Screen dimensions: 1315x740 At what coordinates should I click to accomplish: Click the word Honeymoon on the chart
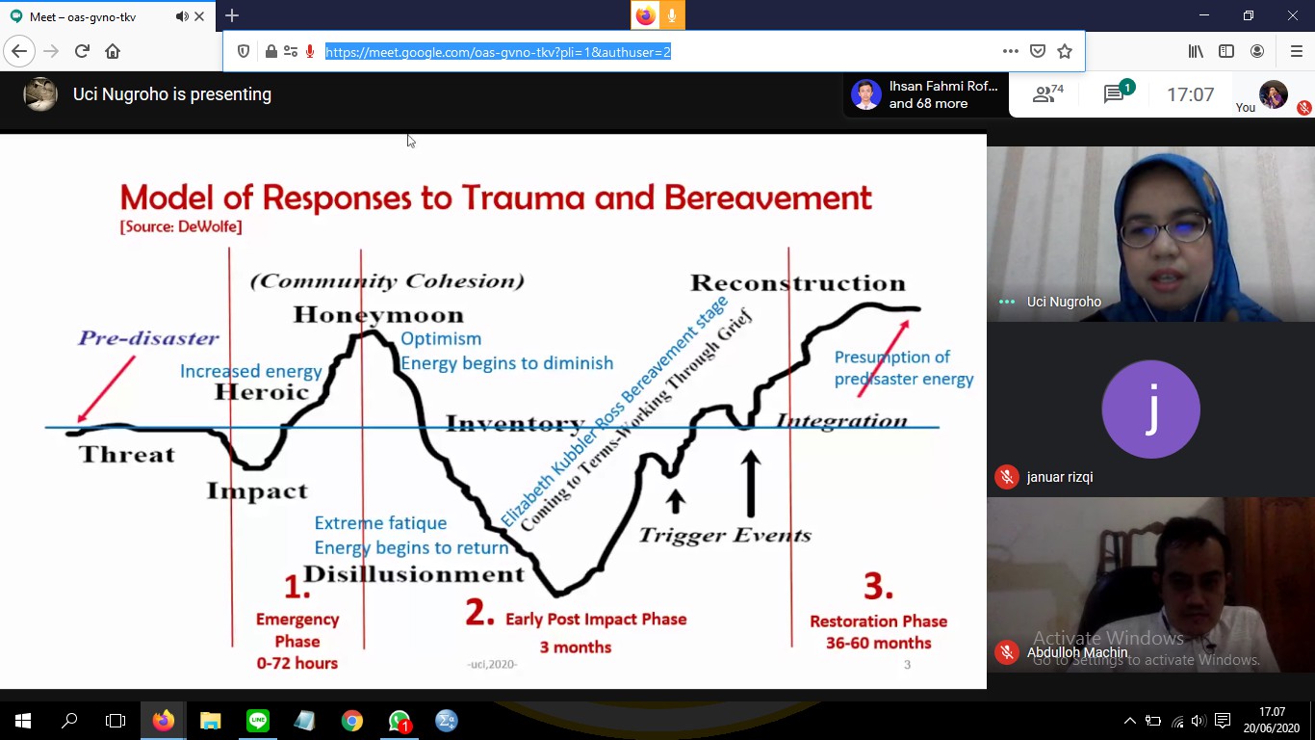(x=378, y=315)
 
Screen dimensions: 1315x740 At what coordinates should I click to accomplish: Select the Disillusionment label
(x=414, y=573)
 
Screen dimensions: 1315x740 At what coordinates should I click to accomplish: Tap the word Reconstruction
(x=798, y=282)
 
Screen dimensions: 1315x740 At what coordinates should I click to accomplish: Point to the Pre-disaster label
(x=148, y=337)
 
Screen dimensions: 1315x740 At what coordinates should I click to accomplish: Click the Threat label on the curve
(x=127, y=454)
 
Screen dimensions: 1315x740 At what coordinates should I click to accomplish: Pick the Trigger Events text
(x=725, y=535)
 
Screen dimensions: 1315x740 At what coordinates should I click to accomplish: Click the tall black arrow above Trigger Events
(x=750, y=483)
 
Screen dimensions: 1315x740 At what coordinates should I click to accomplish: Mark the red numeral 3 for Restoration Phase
(x=878, y=586)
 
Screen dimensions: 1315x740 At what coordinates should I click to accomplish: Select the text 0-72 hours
(x=297, y=663)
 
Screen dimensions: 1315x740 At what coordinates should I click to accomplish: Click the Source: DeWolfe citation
(x=181, y=226)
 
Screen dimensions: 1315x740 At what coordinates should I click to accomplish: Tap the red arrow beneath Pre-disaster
(x=106, y=389)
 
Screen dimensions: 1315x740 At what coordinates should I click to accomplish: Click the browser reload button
(x=82, y=51)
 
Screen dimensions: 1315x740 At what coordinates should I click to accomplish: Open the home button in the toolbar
(x=113, y=51)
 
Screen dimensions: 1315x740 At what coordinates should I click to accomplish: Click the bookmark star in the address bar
(x=1065, y=52)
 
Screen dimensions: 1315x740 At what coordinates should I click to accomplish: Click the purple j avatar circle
(x=1150, y=410)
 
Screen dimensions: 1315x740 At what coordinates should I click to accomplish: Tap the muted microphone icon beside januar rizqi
(x=1007, y=477)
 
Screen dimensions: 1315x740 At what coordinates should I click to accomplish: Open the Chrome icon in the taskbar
(x=351, y=721)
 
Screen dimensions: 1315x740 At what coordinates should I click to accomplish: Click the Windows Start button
(x=23, y=721)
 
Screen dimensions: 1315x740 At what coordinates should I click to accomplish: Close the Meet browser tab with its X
(x=199, y=16)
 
